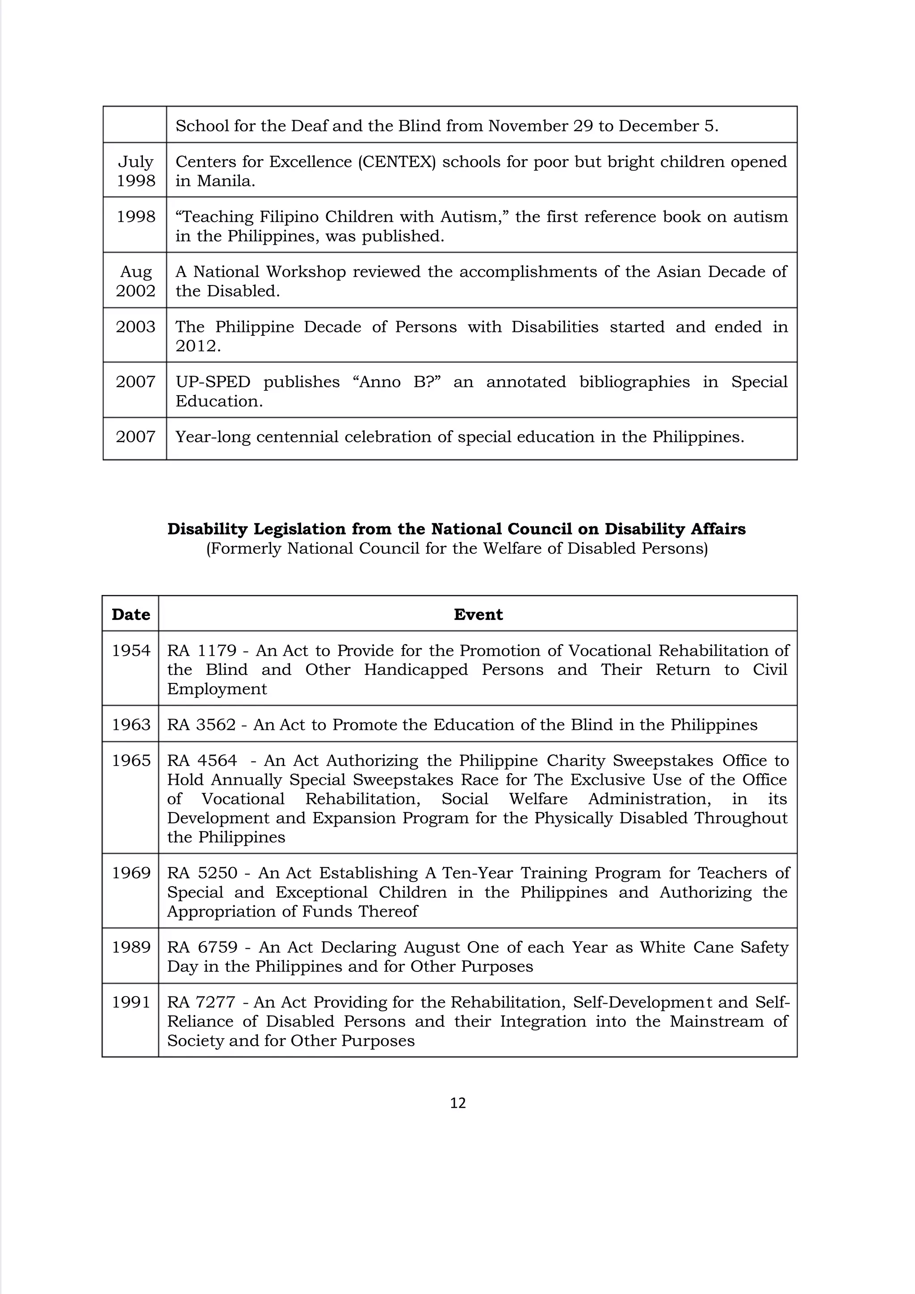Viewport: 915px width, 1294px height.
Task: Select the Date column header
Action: click(x=131, y=614)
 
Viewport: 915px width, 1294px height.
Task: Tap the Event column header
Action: click(x=478, y=614)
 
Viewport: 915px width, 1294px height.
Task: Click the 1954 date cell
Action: click(x=131, y=650)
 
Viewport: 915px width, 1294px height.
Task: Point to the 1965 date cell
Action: click(x=131, y=760)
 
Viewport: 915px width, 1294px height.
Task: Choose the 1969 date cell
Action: click(x=131, y=872)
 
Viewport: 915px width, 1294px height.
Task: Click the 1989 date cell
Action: click(x=131, y=947)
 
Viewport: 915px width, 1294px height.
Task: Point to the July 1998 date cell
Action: click(x=135, y=171)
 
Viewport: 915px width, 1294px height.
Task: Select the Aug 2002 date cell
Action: click(x=135, y=281)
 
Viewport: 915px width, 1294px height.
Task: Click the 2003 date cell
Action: click(x=135, y=327)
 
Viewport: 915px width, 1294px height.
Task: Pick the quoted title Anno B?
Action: click(x=396, y=381)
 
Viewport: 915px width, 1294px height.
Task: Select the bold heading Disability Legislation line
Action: click(x=456, y=529)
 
